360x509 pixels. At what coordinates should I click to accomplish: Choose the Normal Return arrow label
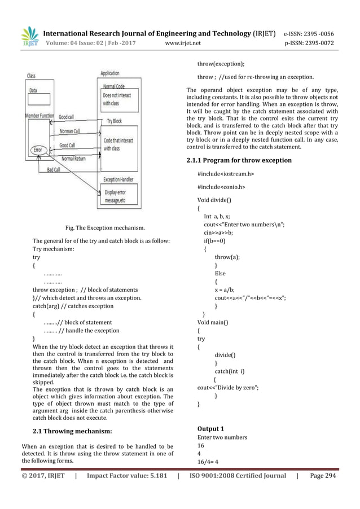73,159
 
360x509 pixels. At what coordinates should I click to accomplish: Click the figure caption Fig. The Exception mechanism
105,228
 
